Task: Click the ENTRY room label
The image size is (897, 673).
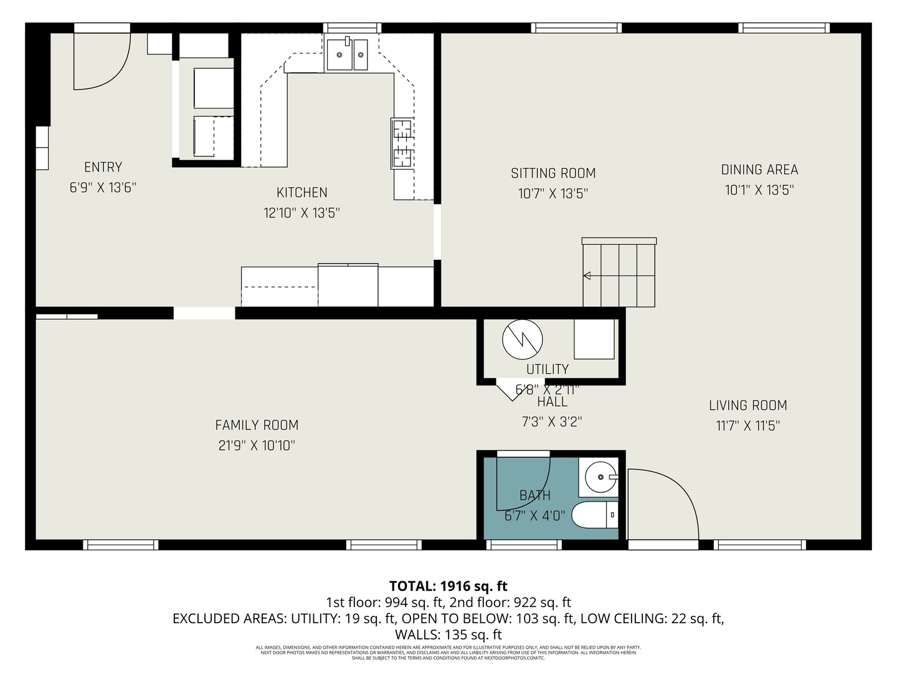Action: point(103,167)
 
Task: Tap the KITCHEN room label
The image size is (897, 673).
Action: point(301,193)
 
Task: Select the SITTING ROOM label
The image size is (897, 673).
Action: point(553,173)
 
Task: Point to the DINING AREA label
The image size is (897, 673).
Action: point(759,169)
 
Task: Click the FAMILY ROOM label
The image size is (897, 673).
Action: point(257,425)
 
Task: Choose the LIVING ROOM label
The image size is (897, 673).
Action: point(747,406)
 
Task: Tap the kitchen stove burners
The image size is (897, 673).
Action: point(402,143)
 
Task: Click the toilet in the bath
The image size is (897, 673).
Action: point(595,515)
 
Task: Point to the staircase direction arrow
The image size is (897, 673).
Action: point(587,276)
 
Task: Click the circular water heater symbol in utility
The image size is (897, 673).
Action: point(522,340)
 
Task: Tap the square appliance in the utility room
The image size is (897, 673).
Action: point(594,340)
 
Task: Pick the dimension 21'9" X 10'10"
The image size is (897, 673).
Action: point(257,446)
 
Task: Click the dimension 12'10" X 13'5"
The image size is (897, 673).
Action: point(301,213)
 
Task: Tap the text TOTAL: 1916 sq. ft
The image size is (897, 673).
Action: point(448,586)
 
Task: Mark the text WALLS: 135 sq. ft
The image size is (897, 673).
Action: point(448,635)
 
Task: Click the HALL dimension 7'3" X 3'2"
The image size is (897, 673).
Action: point(551,422)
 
